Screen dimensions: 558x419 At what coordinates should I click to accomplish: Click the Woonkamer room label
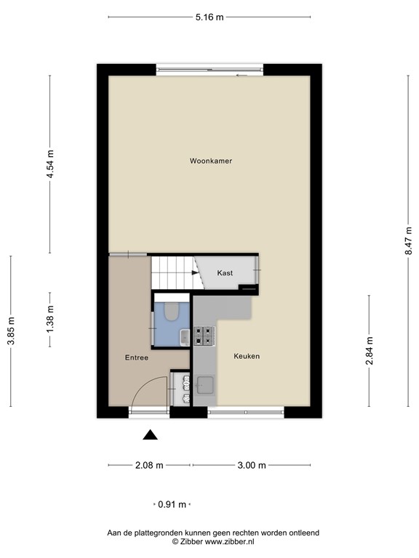[x=210, y=161]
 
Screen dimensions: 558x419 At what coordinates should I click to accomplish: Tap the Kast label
[x=225, y=272]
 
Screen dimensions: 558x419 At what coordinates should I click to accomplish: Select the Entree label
[x=137, y=357]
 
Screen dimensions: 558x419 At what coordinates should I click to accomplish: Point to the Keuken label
[x=247, y=356]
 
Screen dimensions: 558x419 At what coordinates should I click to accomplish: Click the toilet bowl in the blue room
[x=172, y=311]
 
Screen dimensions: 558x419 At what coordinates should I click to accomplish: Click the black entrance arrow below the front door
[x=150, y=434]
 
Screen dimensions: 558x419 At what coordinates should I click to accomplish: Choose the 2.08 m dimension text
[x=150, y=466]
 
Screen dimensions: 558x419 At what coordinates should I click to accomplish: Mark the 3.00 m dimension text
[x=251, y=466]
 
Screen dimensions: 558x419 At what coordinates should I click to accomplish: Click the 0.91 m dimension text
[x=173, y=504]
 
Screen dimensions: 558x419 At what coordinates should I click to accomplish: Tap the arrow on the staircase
[x=194, y=273]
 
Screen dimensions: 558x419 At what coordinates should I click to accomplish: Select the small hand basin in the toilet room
[x=185, y=336]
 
